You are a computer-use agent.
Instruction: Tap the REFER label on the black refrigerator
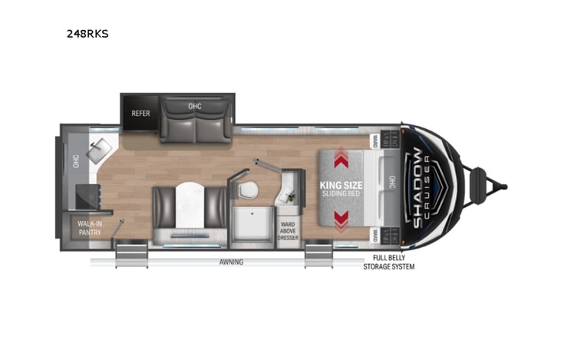coord(140,113)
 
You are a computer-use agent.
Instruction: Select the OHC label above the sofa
coord(195,106)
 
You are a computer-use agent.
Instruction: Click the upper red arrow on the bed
coord(342,158)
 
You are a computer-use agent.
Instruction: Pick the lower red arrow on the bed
coord(342,220)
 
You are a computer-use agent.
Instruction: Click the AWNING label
coord(231,263)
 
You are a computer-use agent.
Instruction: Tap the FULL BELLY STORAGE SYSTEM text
coord(394,263)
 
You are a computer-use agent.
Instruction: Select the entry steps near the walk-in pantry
coord(130,254)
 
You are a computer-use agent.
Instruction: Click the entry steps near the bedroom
coord(318,255)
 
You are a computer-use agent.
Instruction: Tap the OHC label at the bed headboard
coord(393,185)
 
